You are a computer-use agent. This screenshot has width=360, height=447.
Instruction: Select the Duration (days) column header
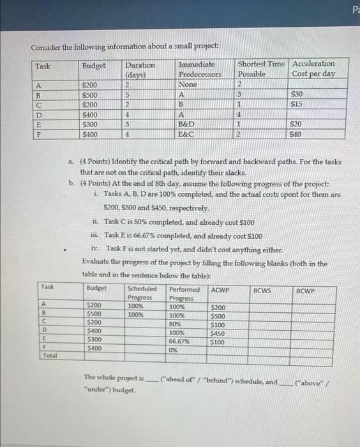click(137, 68)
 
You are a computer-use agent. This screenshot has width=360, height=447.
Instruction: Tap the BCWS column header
click(262, 291)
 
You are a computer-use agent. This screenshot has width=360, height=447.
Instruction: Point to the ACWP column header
click(220, 290)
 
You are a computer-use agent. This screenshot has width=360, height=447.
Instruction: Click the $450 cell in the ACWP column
click(220, 333)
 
